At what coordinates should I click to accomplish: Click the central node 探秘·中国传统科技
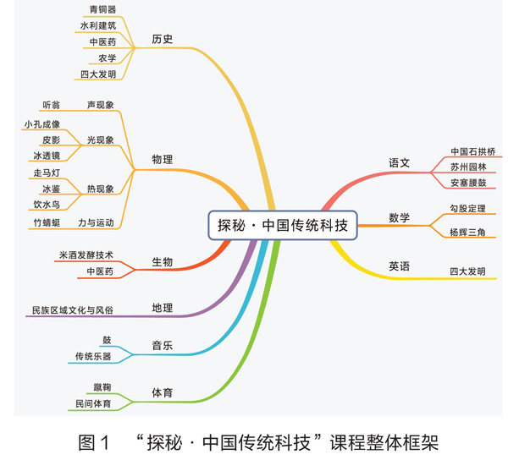click(282, 226)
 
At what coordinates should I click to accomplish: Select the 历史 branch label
click(163, 39)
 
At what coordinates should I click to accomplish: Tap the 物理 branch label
click(163, 159)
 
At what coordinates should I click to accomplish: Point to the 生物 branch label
click(163, 262)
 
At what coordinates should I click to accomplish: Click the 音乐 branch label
click(163, 347)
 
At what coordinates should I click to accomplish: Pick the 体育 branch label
click(163, 393)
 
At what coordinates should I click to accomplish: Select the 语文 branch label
click(399, 162)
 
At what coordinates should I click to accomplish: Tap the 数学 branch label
click(399, 217)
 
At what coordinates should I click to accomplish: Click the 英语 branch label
click(399, 266)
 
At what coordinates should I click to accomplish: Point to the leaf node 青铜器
click(102, 10)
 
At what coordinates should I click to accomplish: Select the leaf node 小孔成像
click(42, 124)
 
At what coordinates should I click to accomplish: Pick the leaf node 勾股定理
click(468, 208)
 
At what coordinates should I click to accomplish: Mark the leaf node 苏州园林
click(468, 167)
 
